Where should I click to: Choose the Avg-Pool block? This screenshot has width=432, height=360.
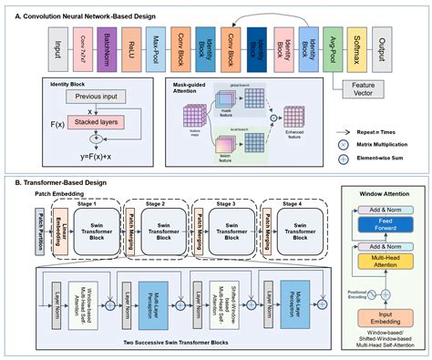(x=336, y=47)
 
